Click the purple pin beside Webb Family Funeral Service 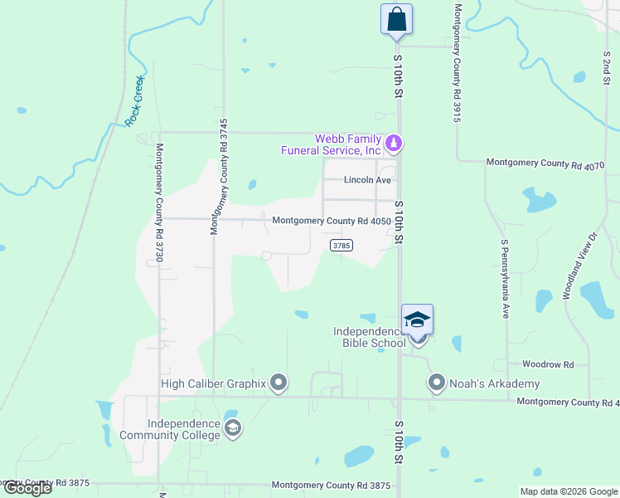tap(395, 144)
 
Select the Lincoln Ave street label tap(367, 180)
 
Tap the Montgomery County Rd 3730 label tap(157, 203)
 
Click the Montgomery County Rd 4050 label tap(331, 221)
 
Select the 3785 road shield tap(341, 245)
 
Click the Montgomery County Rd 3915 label tap(457, 63)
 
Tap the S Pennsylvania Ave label tap(503, 279)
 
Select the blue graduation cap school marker tap(418, 320)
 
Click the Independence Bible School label tap(370, 337)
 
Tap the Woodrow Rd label tap(548, 364)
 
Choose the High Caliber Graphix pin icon tap(279, 383)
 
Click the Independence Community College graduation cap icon tap(233, 428)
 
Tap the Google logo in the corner tap(27, 488)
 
